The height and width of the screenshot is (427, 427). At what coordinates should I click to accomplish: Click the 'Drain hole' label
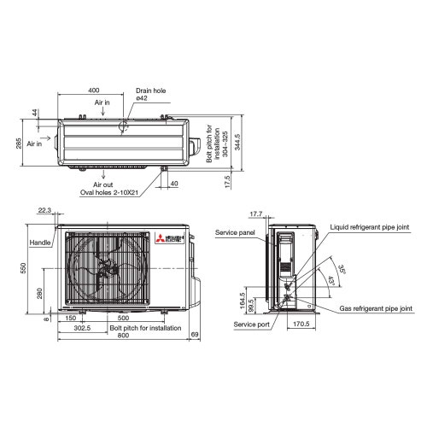(x=150, y=90)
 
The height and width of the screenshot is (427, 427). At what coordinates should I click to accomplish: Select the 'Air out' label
(x=102, y=184)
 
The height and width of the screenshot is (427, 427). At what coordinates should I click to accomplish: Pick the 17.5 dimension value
(x=225, y=182)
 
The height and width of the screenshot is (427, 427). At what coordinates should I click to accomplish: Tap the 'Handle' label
(x=40, y=243)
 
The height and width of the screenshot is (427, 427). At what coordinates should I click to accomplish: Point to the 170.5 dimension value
(x=301, y=325)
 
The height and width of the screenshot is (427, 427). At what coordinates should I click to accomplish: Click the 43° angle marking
(x=330, y=279)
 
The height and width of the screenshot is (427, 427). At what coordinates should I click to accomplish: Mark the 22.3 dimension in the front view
(x=44, y=211)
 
